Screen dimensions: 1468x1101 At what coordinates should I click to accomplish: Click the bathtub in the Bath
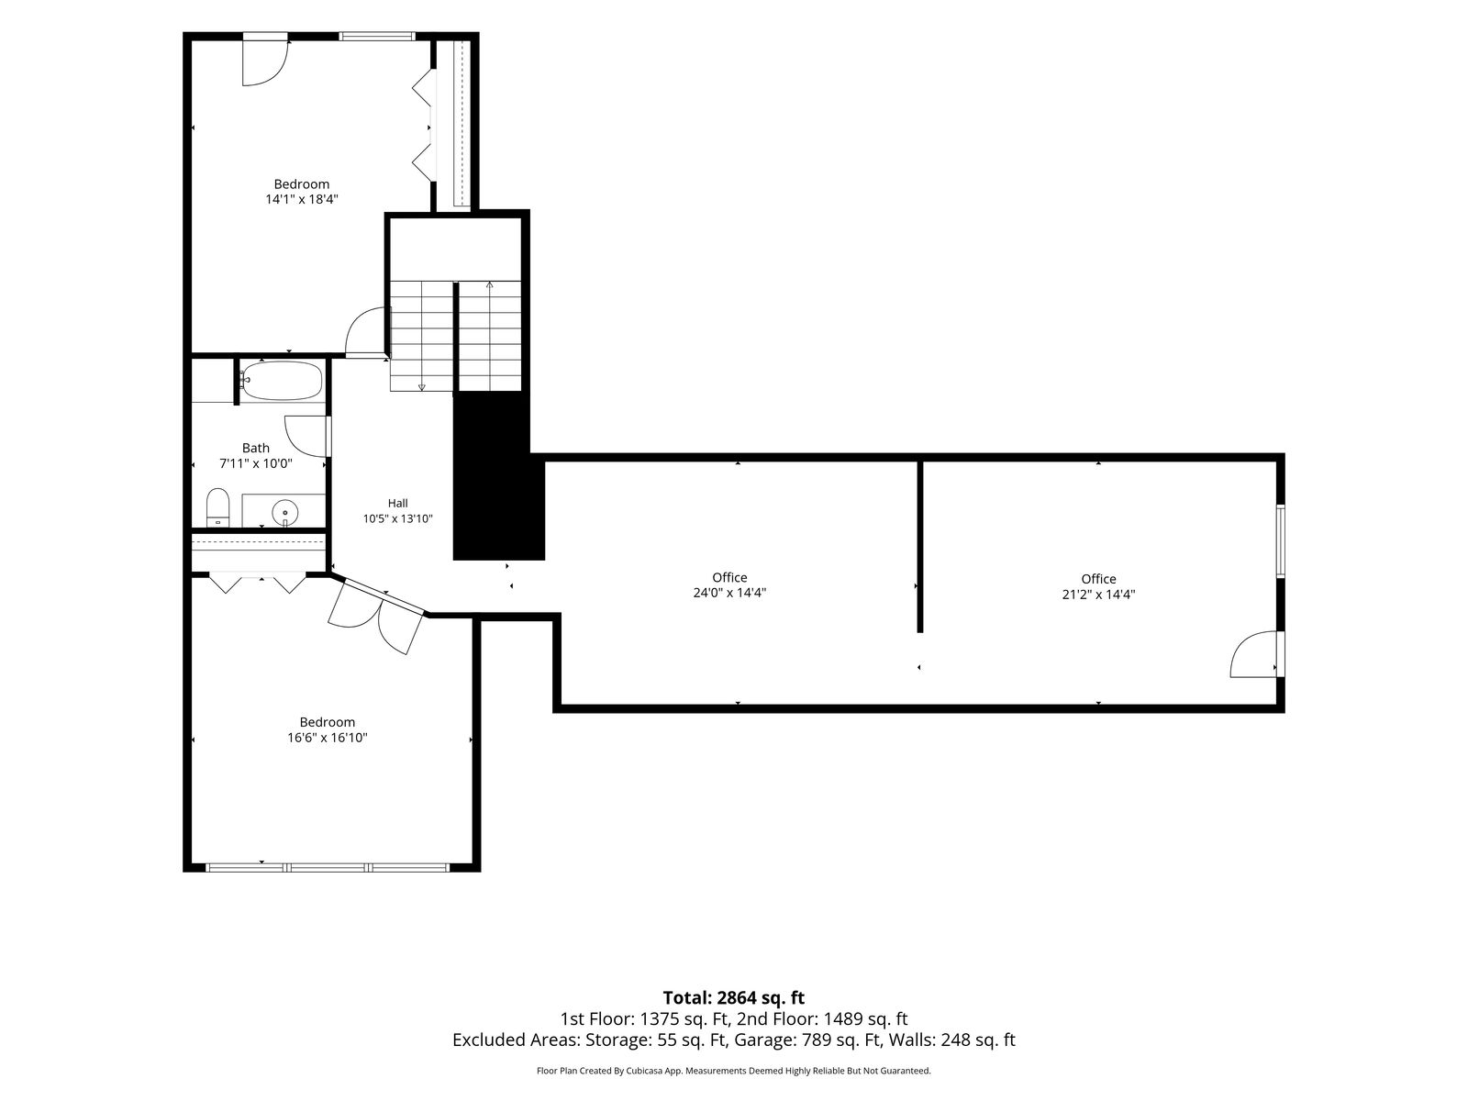[282, 381]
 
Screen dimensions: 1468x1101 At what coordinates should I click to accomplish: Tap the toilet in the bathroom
[217, 508]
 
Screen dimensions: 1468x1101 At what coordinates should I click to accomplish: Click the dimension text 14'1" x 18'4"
[302, 199]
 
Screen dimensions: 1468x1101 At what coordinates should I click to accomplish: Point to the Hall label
[398, 504]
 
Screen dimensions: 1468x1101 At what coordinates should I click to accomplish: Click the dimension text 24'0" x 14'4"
[729, 593]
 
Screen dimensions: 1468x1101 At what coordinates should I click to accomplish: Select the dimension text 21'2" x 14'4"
[1099, 595]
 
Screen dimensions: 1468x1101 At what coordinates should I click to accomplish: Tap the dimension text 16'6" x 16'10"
[327, 738]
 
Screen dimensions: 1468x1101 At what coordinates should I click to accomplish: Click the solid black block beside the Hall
[498, 476]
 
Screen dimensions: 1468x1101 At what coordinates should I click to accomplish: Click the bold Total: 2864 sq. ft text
[734, 997]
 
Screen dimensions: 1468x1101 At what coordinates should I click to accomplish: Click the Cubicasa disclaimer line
[734, 1071]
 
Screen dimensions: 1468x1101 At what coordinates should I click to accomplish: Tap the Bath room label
[255, 448]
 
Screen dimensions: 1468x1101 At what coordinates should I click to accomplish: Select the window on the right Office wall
[1281, 541]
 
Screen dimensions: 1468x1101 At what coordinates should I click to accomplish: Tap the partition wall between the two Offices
[919, 546]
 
